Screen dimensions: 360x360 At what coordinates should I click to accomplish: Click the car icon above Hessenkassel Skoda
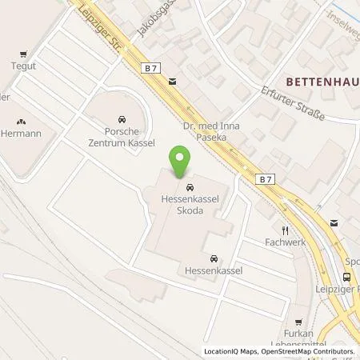[x=179, y=188]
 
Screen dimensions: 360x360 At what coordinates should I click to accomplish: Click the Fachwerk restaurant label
[x=285, y=241]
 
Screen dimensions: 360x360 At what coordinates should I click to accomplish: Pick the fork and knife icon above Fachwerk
[x=283, y=228]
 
